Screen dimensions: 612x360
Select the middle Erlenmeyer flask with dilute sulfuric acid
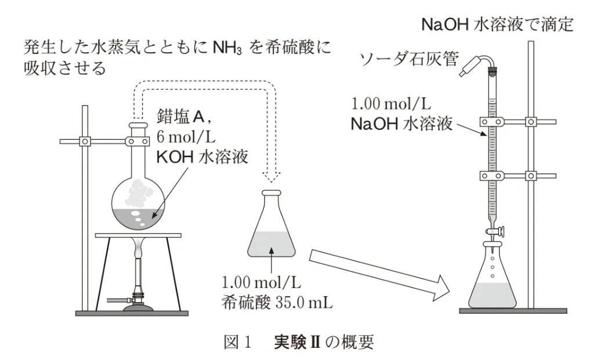[271, 224]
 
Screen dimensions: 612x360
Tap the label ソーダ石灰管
[408, 59]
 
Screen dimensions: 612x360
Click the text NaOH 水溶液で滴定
[497, 24]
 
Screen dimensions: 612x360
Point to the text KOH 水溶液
[202, 157]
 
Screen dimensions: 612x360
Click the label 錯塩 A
[184, 116]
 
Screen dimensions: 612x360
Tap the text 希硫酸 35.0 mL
[277, 302]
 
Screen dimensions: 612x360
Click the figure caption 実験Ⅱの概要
[324, 342]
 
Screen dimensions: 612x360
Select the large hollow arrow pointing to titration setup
[379, 275]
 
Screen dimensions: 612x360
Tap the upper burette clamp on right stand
[518, 122]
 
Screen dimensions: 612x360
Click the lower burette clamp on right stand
[518, 176]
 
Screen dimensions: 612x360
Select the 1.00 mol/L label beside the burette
[391, 104]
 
